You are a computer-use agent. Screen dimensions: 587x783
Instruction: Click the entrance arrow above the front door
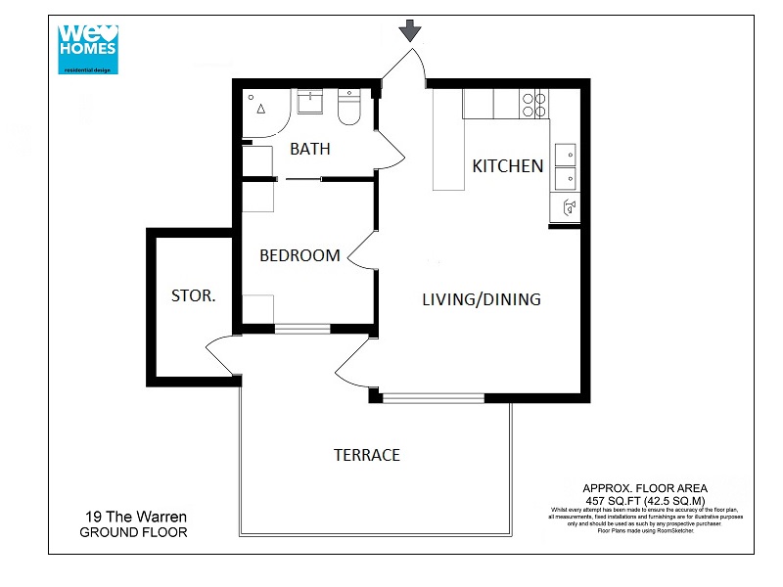(x=410, y=30)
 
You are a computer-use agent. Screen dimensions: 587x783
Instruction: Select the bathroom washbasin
(x=311, y=101)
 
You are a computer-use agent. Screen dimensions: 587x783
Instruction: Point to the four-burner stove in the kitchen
(x=534, y=104)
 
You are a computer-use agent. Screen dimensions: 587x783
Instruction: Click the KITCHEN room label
(x=508, y=166)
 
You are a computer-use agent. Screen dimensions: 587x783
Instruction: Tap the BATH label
(x=310, y=150)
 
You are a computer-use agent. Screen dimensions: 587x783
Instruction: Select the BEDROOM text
(x=299, y=256)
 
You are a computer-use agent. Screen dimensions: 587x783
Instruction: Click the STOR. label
(x=194, y=295)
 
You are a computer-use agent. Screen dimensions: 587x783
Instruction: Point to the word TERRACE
(x=367, y=455)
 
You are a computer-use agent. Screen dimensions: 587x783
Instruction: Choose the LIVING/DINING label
(x=481, y=299)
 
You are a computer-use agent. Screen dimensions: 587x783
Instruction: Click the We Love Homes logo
(x=87, y=43)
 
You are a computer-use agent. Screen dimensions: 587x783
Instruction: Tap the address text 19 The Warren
(x=134, y=517)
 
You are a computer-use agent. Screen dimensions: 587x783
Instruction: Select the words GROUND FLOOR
(x=133, y=533)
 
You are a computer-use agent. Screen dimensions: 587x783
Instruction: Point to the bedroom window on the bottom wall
(x=303, y=329)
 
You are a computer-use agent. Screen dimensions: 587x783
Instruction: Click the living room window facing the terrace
(x=433, y=397)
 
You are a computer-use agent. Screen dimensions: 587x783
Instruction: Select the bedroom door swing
(x=361, y=251)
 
